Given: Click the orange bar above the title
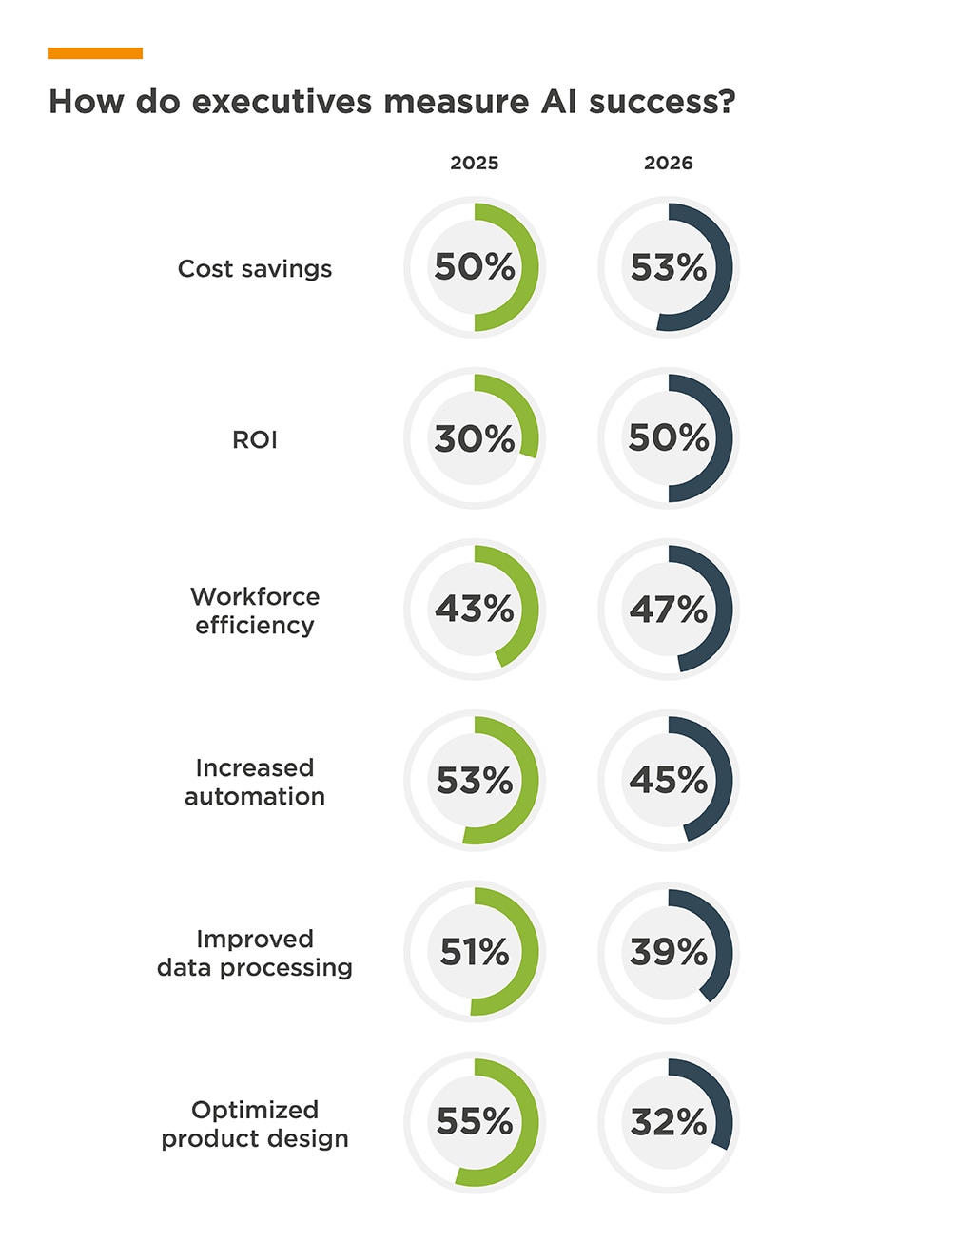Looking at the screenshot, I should (x=95, y=53).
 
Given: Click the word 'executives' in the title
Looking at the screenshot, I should (x=282, y=102).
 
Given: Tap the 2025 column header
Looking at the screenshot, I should (x=475, y=163).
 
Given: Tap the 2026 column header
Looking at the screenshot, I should (x=669, y=163).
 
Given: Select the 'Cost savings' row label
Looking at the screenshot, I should (x=255, y=269).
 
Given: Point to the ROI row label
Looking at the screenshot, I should (x=255, y=440).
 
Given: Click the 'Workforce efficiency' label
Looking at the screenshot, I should (x=255, y=611).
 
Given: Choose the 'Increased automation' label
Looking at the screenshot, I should (x=255, y=782).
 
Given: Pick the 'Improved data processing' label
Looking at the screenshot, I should (x=255, y=953).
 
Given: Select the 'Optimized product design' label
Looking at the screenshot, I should (x=255, y=1124).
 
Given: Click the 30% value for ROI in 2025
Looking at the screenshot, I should (x=475, y=438).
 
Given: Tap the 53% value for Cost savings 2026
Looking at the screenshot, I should (x=669, y=267).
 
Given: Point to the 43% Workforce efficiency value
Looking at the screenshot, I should (x=475, y=609).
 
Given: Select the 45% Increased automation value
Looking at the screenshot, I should (x=669, y=781).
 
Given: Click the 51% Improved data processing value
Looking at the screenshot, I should (x=475, y=951).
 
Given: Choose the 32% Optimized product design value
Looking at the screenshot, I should (x=669, y=1122).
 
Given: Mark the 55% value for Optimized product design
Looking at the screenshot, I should (x=475, y=1122).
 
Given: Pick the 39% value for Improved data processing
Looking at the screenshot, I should (x=669, y=951).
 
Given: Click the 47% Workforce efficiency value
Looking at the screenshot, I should (x=669, y=609).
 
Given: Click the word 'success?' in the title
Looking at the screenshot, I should (x=662, y=102).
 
